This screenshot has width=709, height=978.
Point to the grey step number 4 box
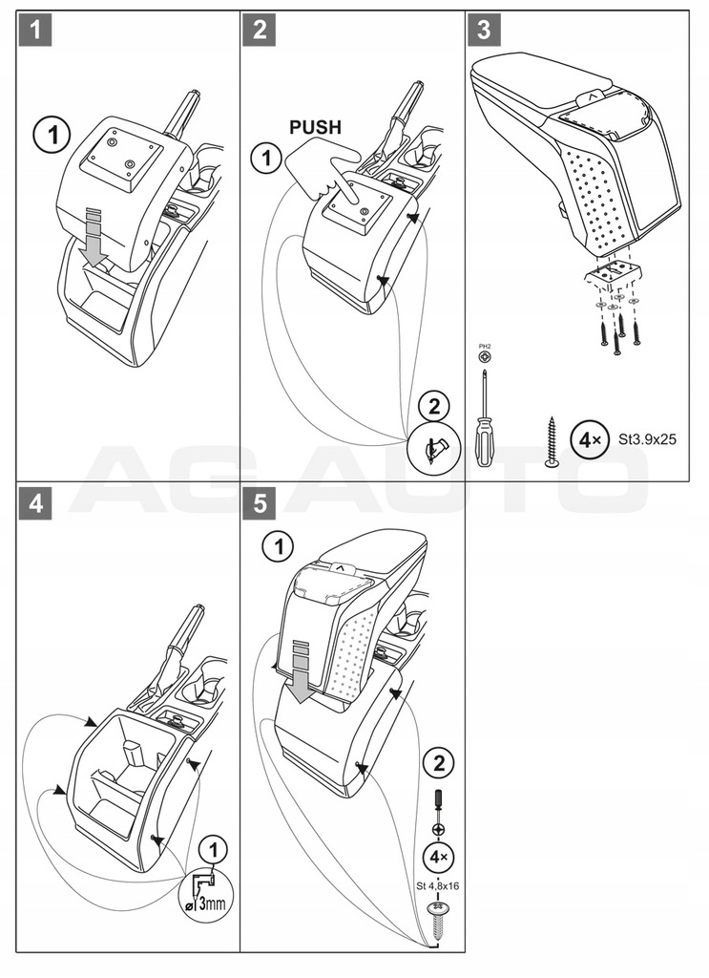pos(35,502)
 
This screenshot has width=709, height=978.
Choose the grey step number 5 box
pos(260,502)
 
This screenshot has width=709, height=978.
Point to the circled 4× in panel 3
pos(584,441)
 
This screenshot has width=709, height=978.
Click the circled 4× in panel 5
pos(438,857)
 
